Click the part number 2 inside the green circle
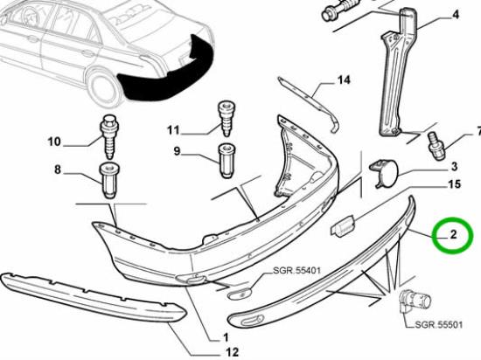click(x=454, y=234)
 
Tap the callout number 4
click(x=455, y=14)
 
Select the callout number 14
click(x=342, y=80)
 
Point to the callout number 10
click(x=53, y=142)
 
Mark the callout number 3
click(x=454, y=166)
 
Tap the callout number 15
click(x=454, y=184)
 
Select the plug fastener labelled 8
click(x=110, y=180)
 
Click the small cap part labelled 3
click(x=381, y=172)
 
